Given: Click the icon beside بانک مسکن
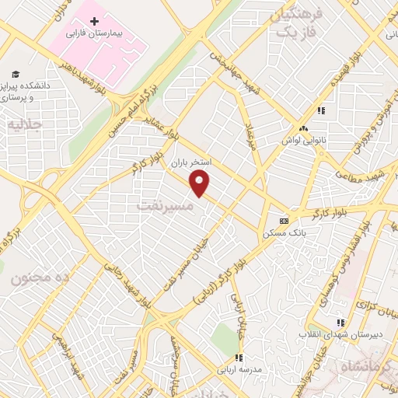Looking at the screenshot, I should tap(284, 221).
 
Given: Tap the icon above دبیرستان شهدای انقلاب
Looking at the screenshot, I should tap(339, 323).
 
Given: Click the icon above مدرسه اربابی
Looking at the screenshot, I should tap(240, 358).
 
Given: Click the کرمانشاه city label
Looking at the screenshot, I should tap(373, 365).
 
